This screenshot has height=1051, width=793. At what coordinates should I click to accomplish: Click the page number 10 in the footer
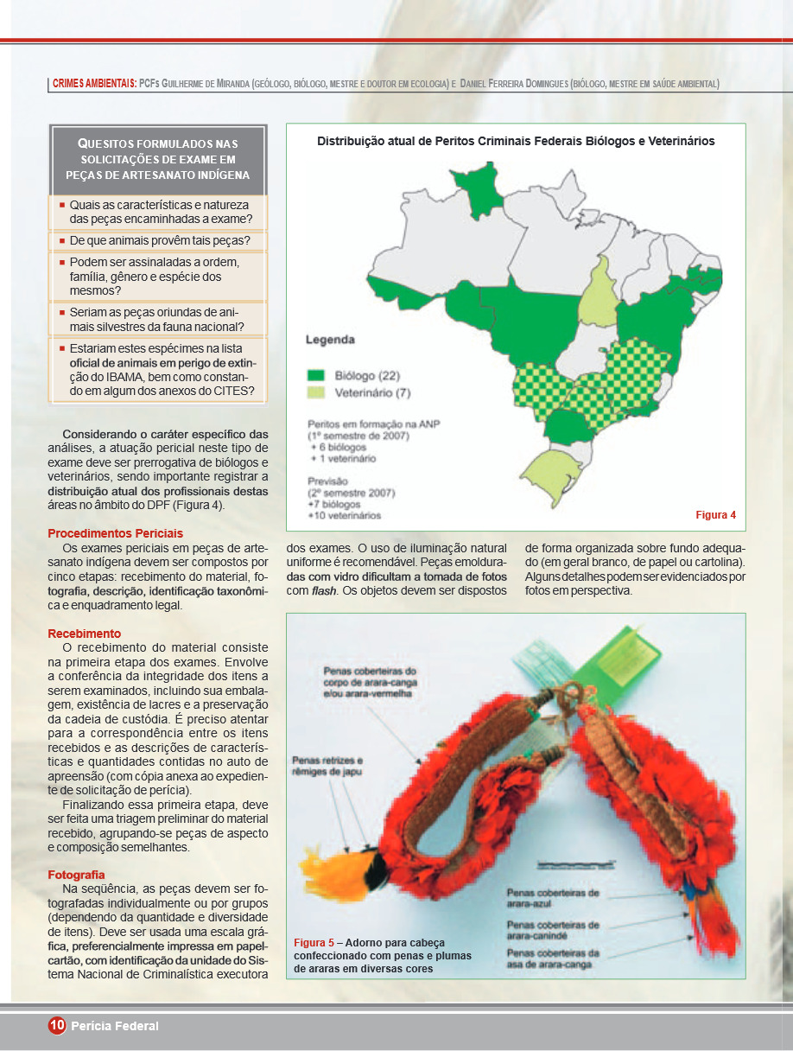click(57, 1026)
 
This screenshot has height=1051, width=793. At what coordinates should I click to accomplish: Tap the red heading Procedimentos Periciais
click(115, 533)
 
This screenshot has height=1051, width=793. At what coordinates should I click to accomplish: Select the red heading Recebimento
click(84, 634)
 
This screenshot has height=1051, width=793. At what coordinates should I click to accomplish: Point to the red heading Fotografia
click(76, 875)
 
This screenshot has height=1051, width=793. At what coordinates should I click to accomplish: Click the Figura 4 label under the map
click(715, 515)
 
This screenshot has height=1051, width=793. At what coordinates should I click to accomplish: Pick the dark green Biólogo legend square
click(316, 376)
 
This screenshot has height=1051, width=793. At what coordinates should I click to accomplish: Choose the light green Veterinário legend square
click(316, 393)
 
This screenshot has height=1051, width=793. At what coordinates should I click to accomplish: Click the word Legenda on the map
click(329, 340)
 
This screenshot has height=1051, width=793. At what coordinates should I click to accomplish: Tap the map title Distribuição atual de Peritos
click(516, 141)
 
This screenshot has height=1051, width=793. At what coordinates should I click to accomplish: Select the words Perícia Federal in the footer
click(115, 1026)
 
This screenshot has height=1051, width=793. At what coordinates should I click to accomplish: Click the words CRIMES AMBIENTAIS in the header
click(93, 84)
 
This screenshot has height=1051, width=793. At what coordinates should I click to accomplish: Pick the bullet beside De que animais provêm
click(62, 239)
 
